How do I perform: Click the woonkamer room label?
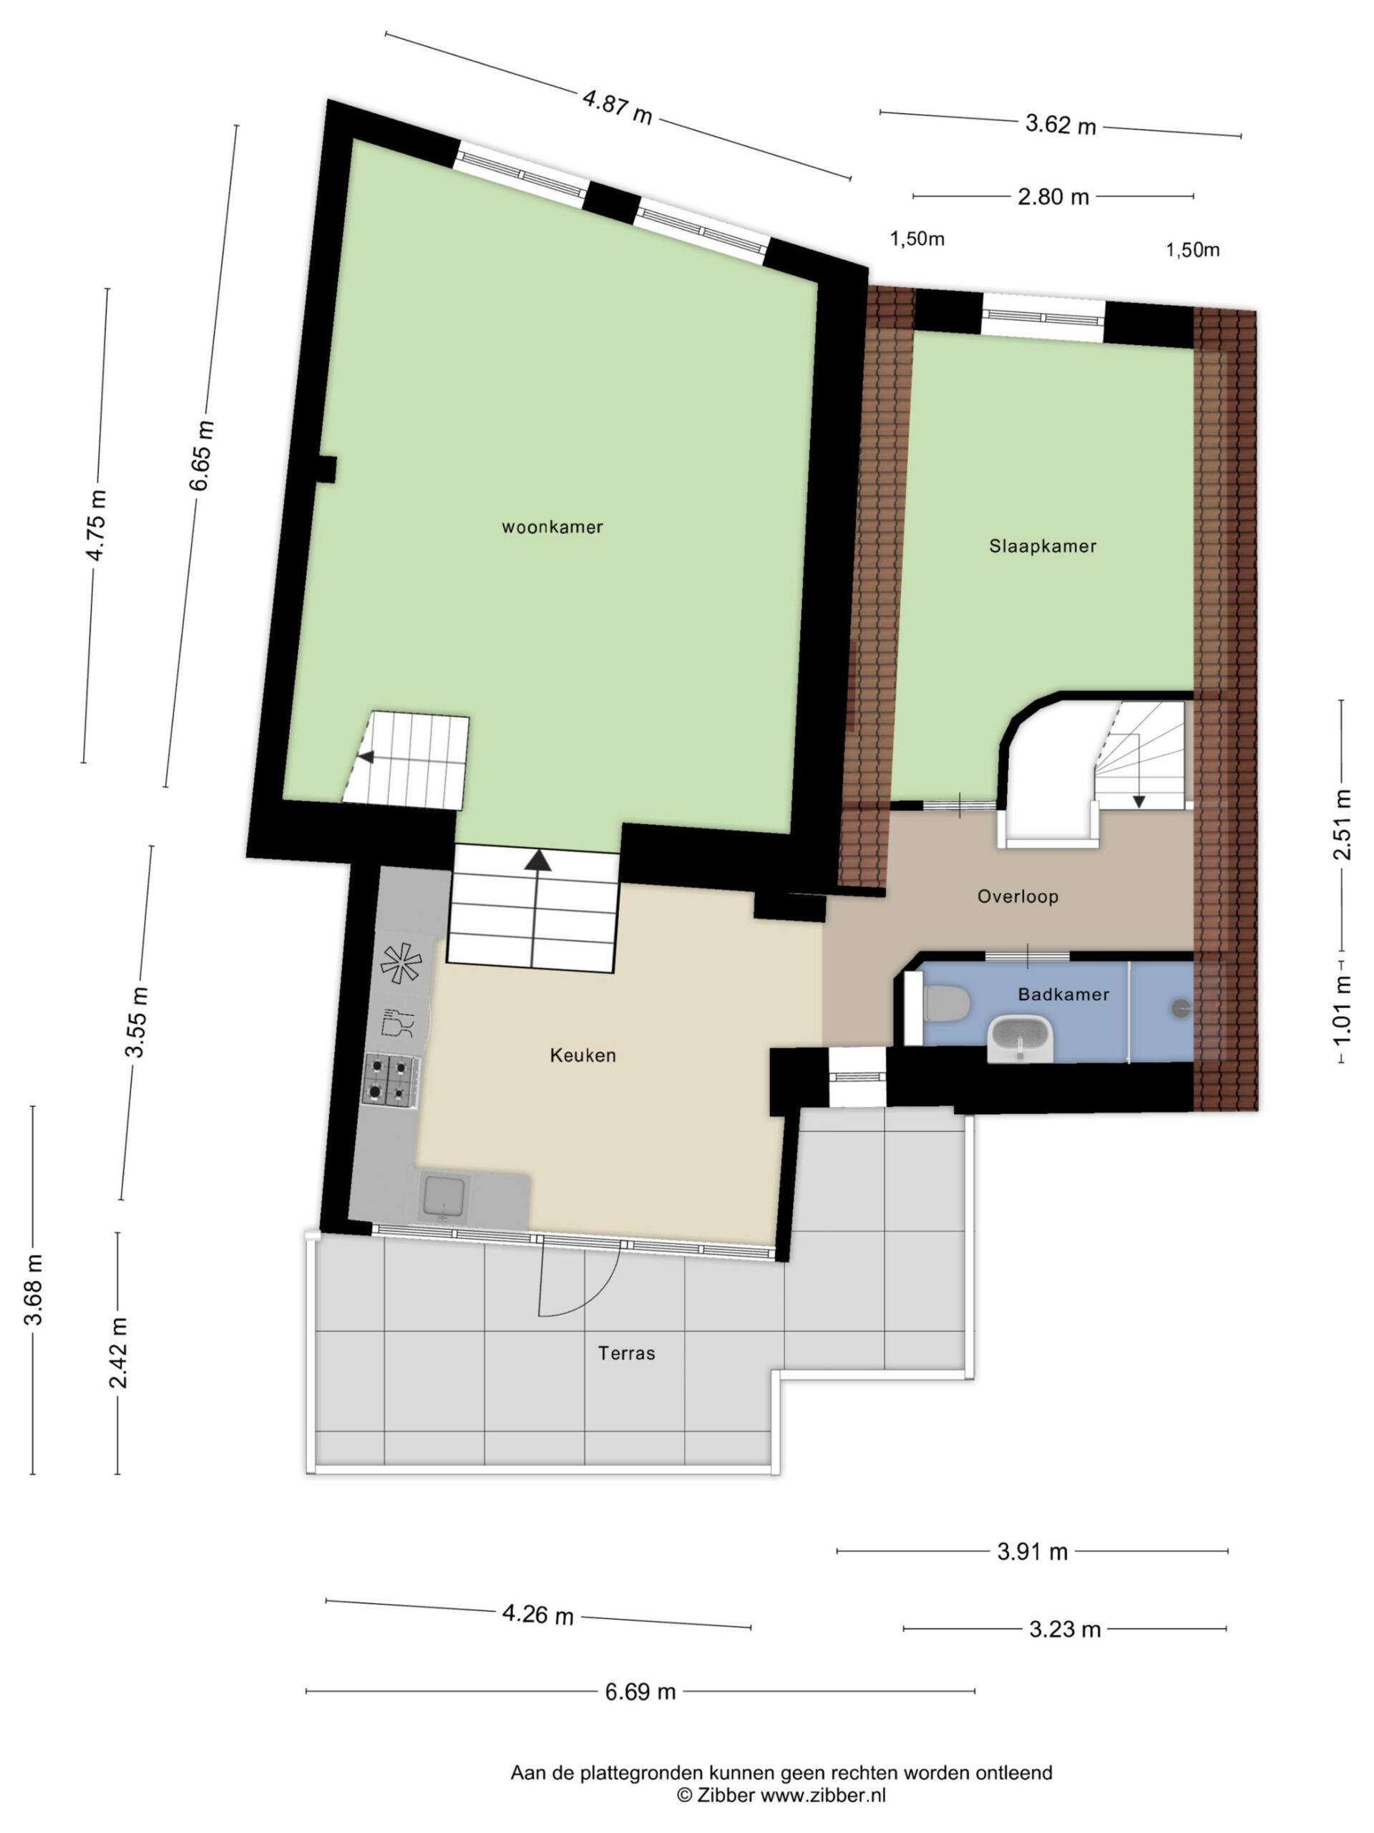click(552, 527)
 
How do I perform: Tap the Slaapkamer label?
click(1043, 546)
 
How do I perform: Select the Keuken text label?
click(583, 1055)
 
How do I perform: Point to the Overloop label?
click(1018, 896)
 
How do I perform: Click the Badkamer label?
click(1063, 995)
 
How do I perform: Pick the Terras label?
click(627, 1353)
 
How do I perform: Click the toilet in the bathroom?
click(946, 1005)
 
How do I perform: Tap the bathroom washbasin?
click(1020, 1038)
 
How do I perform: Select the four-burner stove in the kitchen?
click(390, 1080)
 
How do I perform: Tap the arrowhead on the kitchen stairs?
click(538, 860)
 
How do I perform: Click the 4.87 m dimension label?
click(618, 107)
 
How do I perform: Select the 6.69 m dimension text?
click(640, 1692)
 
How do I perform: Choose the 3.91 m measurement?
click(1032, 1552)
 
